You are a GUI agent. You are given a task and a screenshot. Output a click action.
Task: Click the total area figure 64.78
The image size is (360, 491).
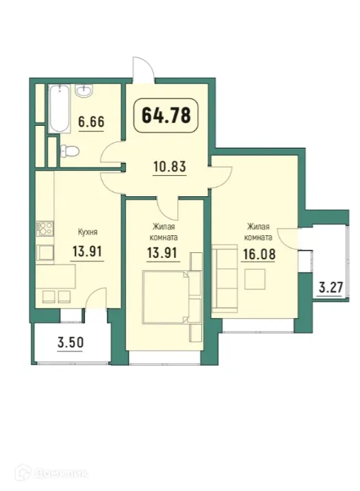coord(166,114)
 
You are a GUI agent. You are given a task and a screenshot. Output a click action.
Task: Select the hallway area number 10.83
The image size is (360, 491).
coord(169,166)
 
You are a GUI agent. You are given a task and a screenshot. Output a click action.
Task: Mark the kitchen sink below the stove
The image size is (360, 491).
coord(45,253)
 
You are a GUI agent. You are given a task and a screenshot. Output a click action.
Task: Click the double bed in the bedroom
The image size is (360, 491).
coord(164,296)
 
